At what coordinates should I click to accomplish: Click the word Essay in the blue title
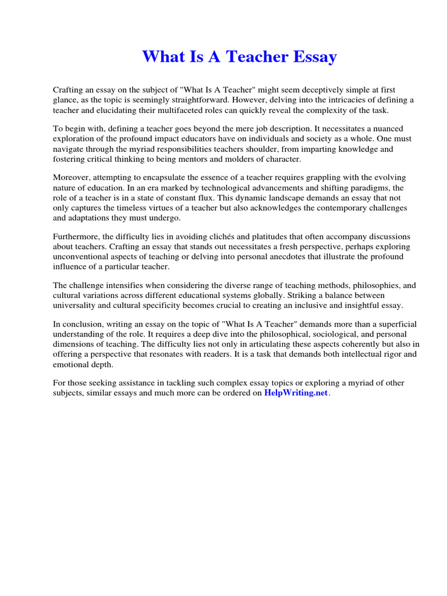pos(314,57)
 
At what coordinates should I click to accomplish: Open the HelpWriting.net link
pos(296,393)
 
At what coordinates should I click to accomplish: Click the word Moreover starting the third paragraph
pos(73,178)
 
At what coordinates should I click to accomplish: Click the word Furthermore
pos(78,237)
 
